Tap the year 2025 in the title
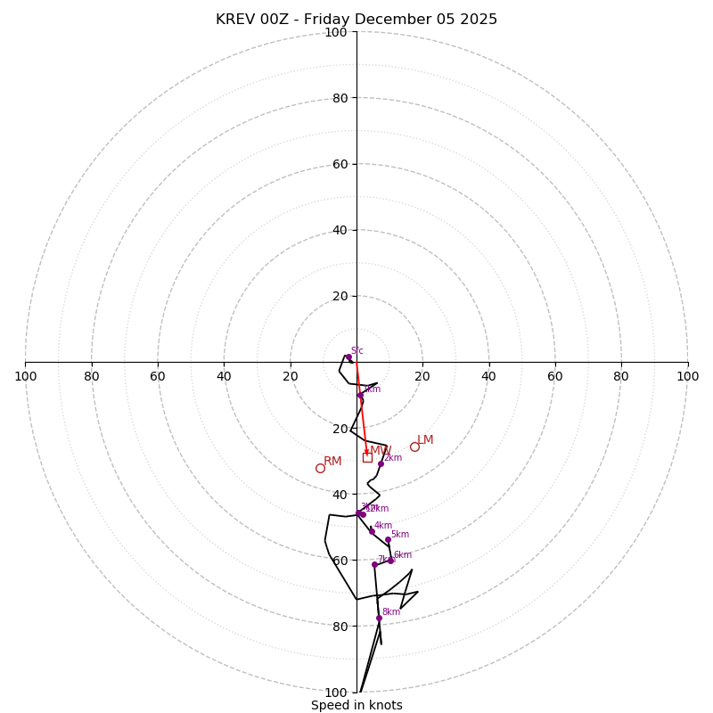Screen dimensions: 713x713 click(x=478, y=20)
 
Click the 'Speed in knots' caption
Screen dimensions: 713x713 click(x=356, y=705)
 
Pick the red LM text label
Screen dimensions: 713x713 click(x=425, y=440)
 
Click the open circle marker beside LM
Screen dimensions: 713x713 click(x=414, y=447)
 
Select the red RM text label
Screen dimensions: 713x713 click(x=332, y=462)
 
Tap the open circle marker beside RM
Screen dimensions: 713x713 click(x=320, y=468)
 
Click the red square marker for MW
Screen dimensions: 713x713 click(x=367, y=457)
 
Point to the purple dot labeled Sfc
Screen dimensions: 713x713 click(x=348, y=357)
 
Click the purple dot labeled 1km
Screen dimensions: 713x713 click(x=360, y=395)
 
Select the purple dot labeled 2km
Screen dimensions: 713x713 click(x=381, y=463)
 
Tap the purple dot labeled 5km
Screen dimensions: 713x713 click(x=388, y=539)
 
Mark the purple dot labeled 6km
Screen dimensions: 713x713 click(x=390, y=561)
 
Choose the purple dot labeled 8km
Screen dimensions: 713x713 click(x=379, y=618)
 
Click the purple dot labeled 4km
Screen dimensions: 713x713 click(x=372, y=531)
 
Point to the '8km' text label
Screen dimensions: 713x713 click(x=391, y=612)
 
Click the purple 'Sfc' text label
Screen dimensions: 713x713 click(x=356, y=351)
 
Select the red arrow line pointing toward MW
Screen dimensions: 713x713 click(x=361, y=406)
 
